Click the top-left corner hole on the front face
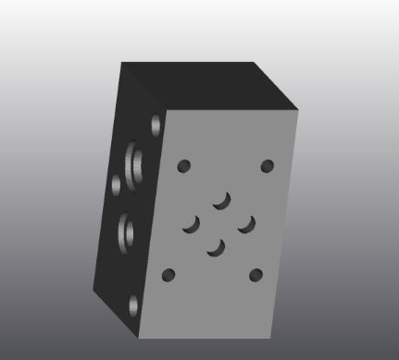pos(183,167)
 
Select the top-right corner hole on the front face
pos(268,167)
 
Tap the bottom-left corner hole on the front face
pos(168,275)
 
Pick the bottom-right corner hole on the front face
pos(256,274)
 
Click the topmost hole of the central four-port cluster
pos(221,199)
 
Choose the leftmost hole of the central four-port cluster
pos(193,223)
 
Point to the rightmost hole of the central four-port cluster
pos(246,223)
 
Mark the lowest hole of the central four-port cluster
pos(218,247)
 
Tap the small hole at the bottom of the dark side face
pos(133,303)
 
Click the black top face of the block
pos(208,83)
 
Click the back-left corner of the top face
pos(121,62)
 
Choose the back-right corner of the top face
pos(254,62)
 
